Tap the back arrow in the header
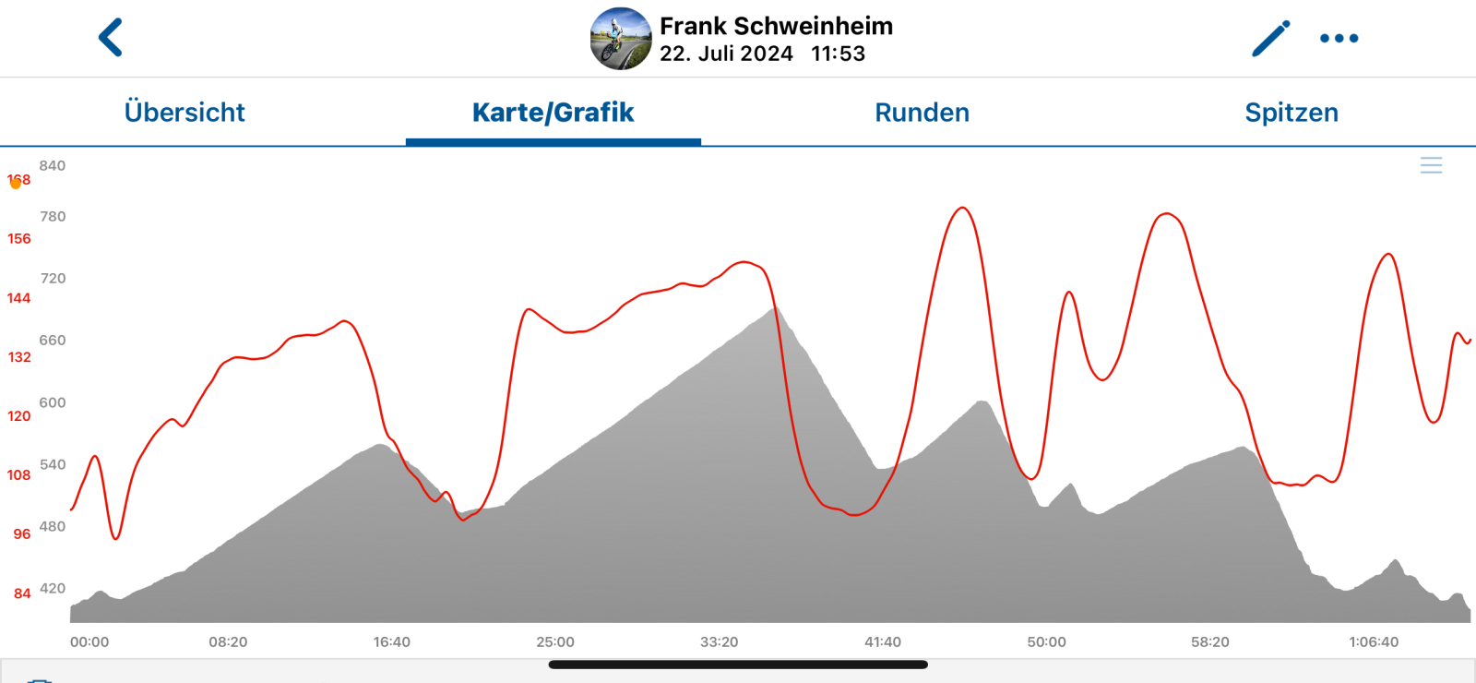tap(111, 38)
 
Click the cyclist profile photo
tap(621, 39)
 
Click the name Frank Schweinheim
tap(776, 26)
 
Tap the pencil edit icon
tap(1270, 39)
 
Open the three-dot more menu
tap(1339, 39)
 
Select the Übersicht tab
tap(184, 113)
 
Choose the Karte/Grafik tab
tap(553, 113)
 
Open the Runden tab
tap(922, 113)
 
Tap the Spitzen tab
tap(1291, 113)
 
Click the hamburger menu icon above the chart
tap(1431, 165)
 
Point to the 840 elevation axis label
tap(53, 166)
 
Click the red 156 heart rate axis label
tap(19, 239)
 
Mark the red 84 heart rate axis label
tap(22, 593)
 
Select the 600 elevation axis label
tap(53, 402)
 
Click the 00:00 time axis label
tap(89, 642)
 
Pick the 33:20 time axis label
tap(719, 642)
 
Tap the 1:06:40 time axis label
tap(1374, 642)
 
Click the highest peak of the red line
tap(962, 208)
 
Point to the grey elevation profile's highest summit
tap(775, 307)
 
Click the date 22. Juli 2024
tap(726, 54)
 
